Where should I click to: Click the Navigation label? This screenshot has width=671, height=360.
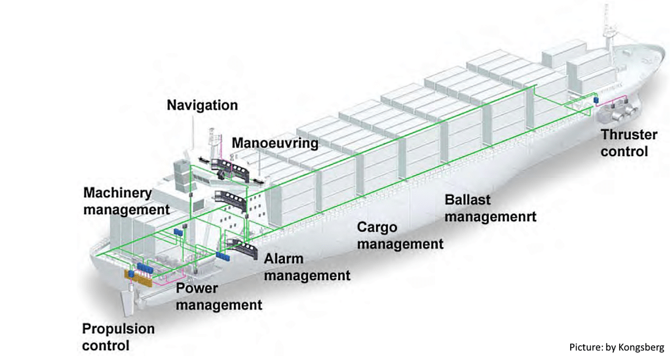pos(202,105)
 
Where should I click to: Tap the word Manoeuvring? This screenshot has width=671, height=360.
pos(275,142)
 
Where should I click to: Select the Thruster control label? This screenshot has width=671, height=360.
pos(629,143)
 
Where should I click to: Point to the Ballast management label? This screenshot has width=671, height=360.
pos(490,208)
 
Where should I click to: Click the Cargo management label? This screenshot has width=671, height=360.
pos(399,235)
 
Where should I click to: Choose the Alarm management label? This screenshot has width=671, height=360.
pos(307,267)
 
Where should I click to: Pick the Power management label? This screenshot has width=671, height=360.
pos(219,296)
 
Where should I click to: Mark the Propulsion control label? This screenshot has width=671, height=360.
pos(119,336)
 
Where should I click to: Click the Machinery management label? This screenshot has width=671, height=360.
pos(126,201)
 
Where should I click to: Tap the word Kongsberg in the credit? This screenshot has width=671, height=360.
pos(641,347)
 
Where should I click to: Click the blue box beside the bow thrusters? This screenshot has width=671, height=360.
pos(597,99)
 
